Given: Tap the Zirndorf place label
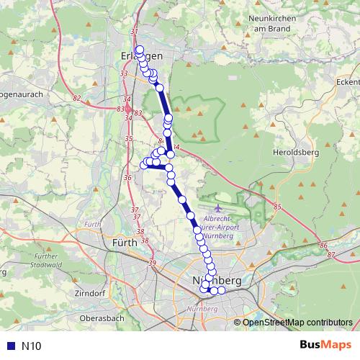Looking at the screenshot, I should coord(89,294).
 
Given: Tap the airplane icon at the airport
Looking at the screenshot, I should coord(219,208).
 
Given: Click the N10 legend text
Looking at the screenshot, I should coord(31,346).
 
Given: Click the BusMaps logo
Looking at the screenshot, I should coord(326,346).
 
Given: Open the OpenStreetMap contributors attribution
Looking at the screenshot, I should coord(298,322).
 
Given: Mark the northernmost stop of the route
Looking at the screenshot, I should coord(139,50).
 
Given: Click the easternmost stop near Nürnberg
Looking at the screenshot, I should coord(222,290).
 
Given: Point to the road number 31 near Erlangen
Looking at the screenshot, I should coord(133,32).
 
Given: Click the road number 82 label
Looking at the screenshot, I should coord(78,97).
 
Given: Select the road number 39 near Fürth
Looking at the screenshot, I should coord(152,264).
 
